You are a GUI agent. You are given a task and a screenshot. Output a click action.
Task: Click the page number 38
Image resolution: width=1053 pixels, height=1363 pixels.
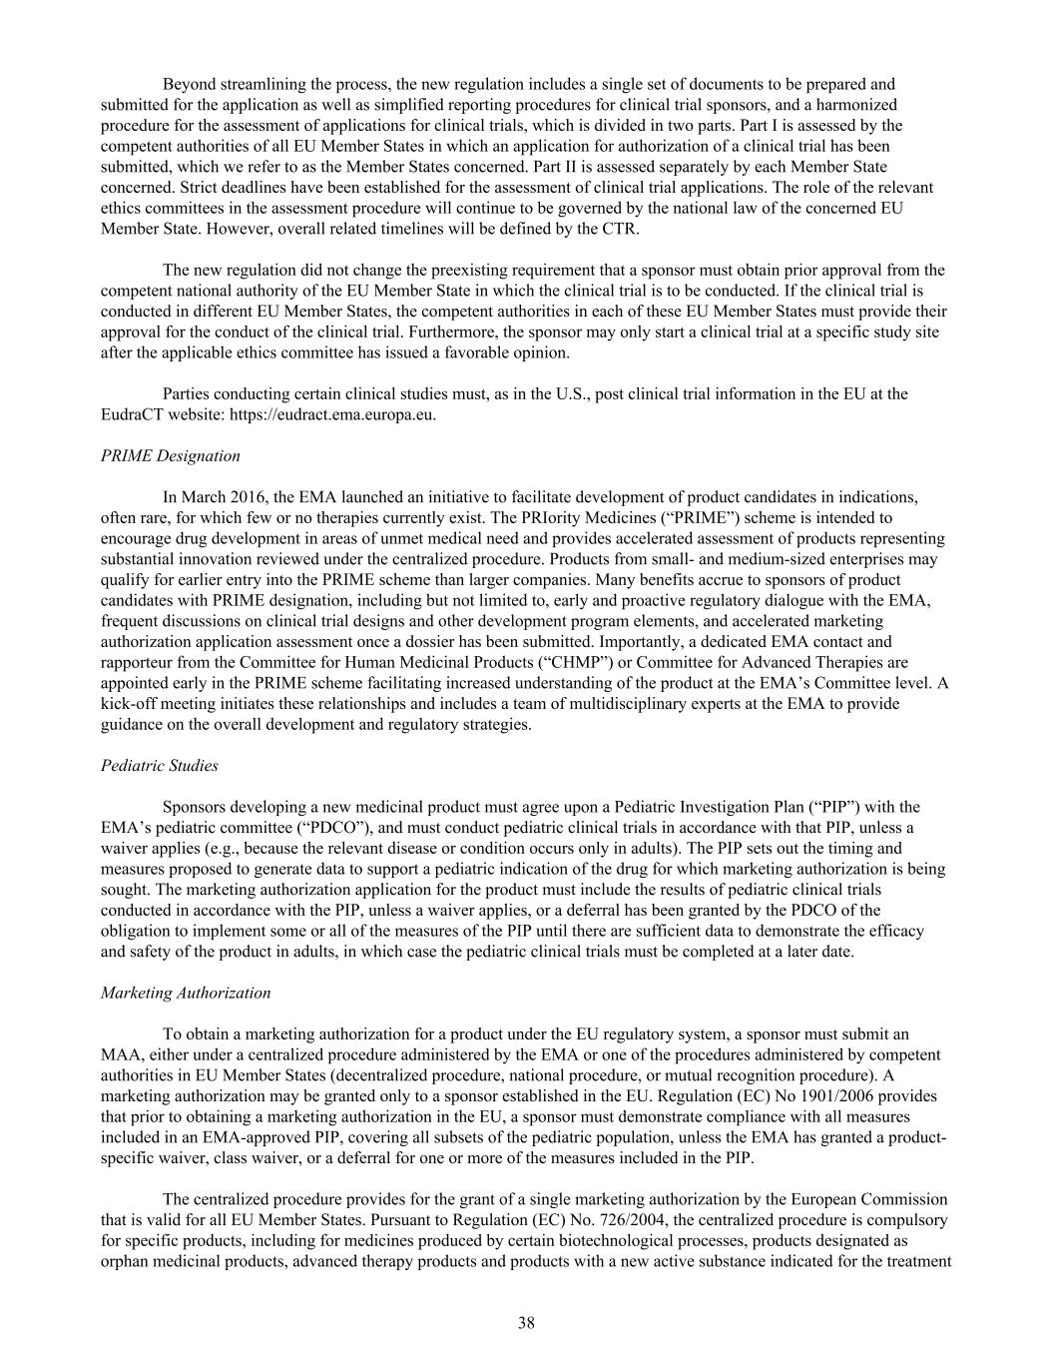click(x=527, y=1324)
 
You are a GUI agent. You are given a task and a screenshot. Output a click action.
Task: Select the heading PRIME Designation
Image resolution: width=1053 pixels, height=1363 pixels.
click(x=171, y=455)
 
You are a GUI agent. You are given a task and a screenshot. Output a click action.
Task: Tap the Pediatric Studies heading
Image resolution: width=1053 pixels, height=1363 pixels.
click(x=160, y=766)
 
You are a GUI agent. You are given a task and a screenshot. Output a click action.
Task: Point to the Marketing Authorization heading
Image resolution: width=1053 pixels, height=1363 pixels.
click(x=186, y=993)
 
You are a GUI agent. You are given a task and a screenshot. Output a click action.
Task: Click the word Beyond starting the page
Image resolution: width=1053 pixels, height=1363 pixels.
click(x=190, y=84)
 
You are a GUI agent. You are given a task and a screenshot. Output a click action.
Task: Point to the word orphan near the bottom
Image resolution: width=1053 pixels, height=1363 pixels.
click(x=124, y=1261)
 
